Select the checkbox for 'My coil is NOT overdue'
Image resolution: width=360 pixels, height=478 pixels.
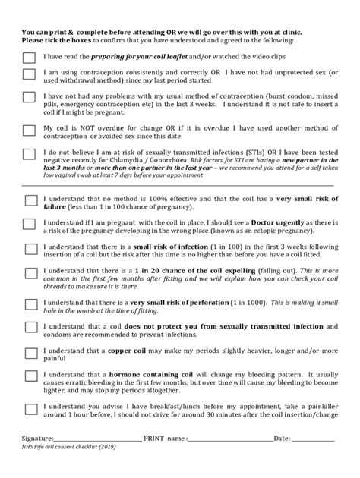click(29, 130)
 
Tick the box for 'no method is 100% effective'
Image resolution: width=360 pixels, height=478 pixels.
click(30, 200)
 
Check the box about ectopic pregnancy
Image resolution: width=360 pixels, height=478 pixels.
click(30, 225)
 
